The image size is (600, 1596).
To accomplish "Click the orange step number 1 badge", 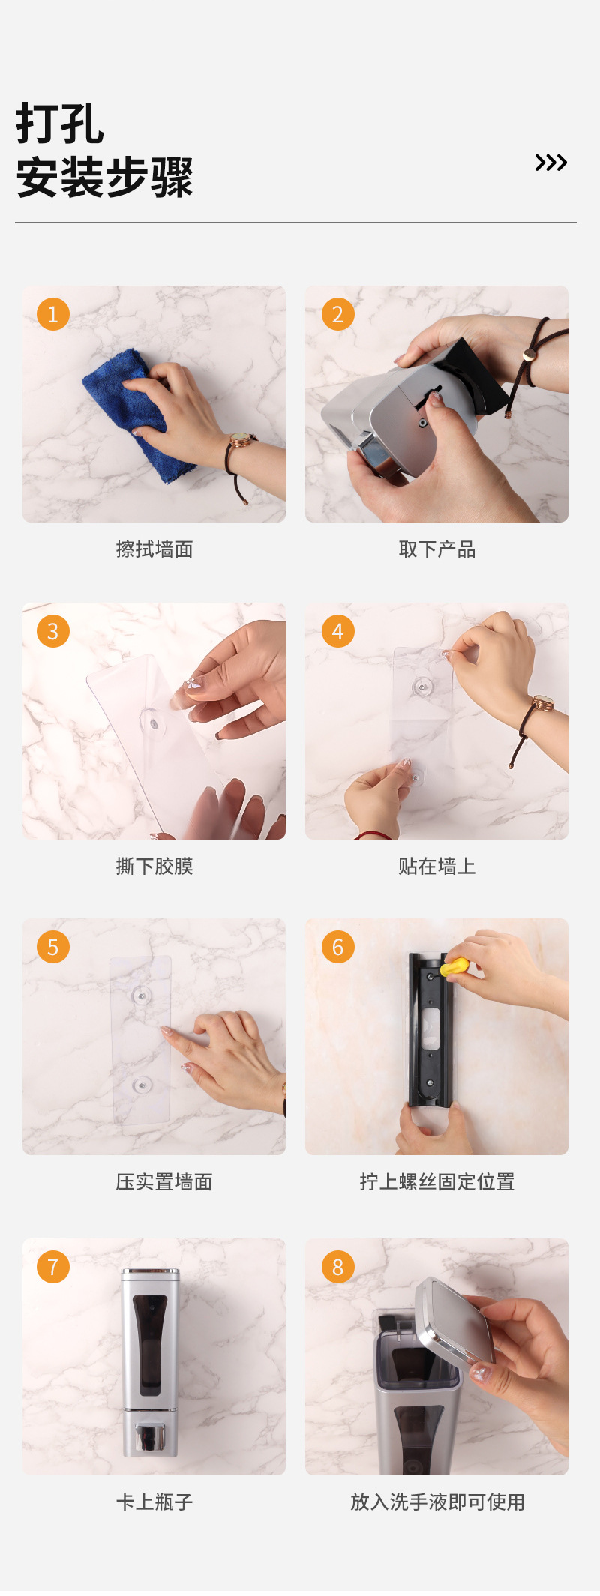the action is [x=52, y=314].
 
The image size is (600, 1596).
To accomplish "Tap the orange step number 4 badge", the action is [x=337, y=631].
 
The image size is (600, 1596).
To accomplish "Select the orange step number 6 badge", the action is [x=337, y=947].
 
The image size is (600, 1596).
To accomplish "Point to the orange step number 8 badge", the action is [x=337, y=1267].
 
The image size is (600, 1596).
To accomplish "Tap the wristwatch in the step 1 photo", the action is [x=241, y=440].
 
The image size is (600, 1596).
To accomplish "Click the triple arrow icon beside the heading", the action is [x=550, y=163].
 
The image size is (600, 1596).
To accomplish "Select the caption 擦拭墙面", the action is [x=154, y=549].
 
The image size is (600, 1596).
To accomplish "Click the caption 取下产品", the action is [x=437, y=549].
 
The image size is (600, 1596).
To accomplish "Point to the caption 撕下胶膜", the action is [x=154, y=867].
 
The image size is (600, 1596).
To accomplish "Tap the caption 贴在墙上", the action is [x=437, y=867].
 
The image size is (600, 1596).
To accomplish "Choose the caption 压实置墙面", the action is [x=164, y=1182].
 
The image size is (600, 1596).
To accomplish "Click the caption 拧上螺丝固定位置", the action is [x=437, y=1182].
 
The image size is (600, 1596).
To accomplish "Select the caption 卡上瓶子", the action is [x=154, y=1502].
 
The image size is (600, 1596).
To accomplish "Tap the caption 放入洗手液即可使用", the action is [x=437, y=1502].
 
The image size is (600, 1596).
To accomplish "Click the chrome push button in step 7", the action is [x=150, y=1436].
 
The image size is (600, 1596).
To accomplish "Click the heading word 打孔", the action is [x=60, y=124].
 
